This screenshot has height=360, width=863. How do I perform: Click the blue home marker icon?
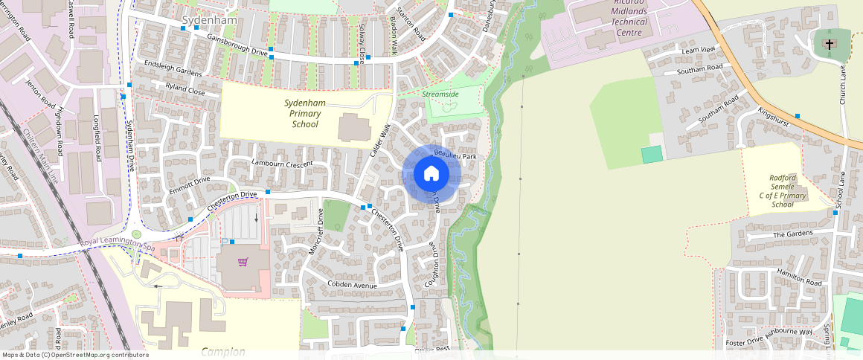(431, 173)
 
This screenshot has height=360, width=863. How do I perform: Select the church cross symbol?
(830, 45)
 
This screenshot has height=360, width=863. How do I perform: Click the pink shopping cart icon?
(243, 262)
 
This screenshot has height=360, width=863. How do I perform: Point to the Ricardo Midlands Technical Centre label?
(629, 17)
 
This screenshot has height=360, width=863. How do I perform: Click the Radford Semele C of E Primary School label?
(783, 190)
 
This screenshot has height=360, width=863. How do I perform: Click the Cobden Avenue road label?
(352, 285)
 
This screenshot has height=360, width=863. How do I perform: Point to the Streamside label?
(440, 94)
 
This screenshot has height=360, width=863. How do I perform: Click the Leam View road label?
(698, 50)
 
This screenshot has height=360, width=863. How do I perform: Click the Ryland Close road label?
(186, 90)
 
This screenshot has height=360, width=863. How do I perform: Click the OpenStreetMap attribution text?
(75, 355)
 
